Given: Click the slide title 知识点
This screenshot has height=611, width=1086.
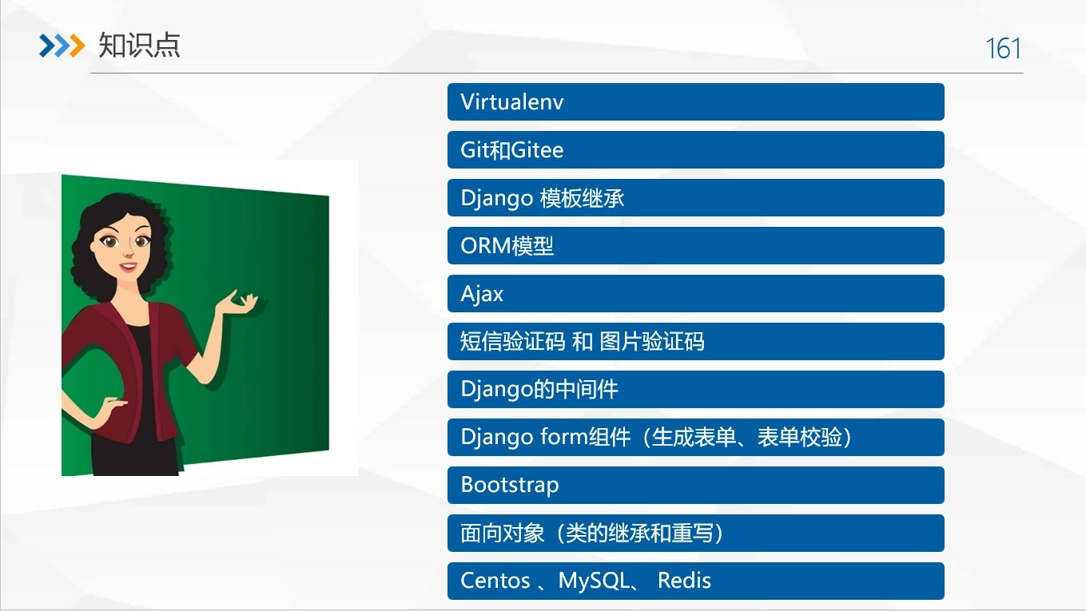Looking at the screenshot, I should pyautogui.click(x=139, y=46).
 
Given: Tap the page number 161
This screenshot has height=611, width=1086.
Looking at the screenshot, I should pyautogui.click(x=1003, y=49).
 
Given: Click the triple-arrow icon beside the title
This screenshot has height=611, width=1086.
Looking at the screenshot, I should pyautogui.click(x=62, y=46).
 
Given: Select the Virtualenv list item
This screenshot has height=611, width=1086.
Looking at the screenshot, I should pyautogui.click(x=695, y=102).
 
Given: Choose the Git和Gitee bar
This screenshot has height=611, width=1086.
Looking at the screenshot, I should pyautogui.click(x=695, y=150).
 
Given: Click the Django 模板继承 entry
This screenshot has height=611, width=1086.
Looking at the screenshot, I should pyautogui.click(x=695, y=198).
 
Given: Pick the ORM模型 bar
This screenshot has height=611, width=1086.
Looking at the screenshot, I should pyautogui.click(x=695, y=246).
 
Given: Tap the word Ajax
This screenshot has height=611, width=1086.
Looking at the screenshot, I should pyautogui.click(x=482, y=294).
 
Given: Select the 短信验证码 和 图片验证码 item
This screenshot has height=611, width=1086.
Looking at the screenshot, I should pyautogui.click(x=695, y=342).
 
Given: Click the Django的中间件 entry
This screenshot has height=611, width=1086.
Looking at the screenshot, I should pyautogui.click(x=695, y=390).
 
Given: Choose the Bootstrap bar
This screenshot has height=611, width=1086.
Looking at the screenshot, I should pyautogui.click(x=695, y=486).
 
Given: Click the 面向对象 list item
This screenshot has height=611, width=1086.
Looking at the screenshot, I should pyautogui.click(x=695, y=534).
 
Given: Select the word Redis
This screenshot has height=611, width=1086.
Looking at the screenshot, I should pyautogui.click(x=684, y=581).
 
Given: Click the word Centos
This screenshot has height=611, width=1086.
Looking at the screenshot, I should pyautogui.click(x=495, y=581).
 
